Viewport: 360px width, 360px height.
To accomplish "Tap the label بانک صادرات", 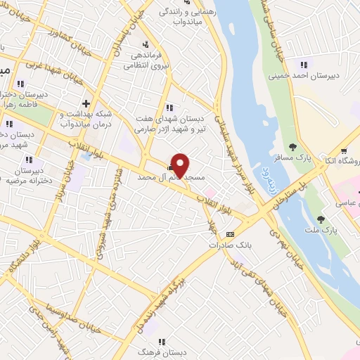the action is (229, 245).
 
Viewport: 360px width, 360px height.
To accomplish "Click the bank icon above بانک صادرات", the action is (229, 235).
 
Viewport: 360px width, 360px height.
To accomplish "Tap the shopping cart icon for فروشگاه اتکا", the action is (344, 150).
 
